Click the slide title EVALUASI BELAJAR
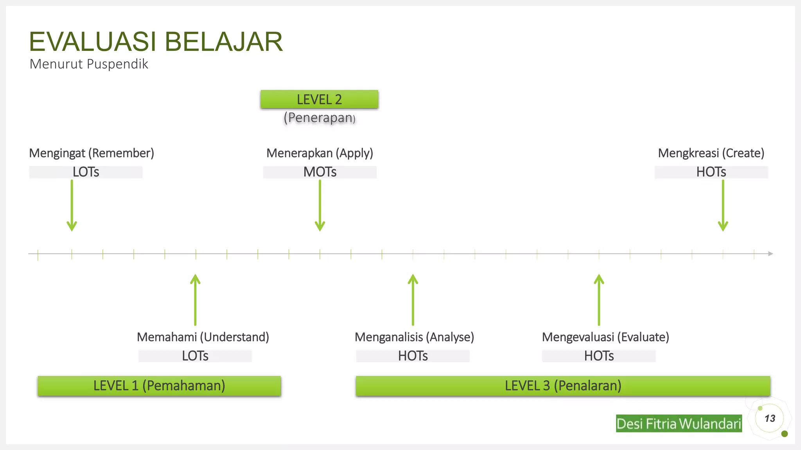pos(156,42)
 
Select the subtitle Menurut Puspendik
pos(89,64)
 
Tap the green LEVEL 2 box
pos(319,100)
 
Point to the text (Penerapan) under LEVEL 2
pos(320,118)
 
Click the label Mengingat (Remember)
pos(92,153)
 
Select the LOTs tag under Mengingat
pos(86,172)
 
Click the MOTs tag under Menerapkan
pos(320,172)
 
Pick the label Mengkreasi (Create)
pos(711,153)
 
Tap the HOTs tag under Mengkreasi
pos(711,172)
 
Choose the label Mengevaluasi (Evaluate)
pos(605,337)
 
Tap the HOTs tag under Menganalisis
pos(413,356)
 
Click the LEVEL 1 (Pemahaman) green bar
pos(159,386)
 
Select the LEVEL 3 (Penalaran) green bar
pos(563,386)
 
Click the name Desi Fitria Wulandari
pos(679,423)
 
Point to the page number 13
pos(770,419)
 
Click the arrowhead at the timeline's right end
pos(770,254)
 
